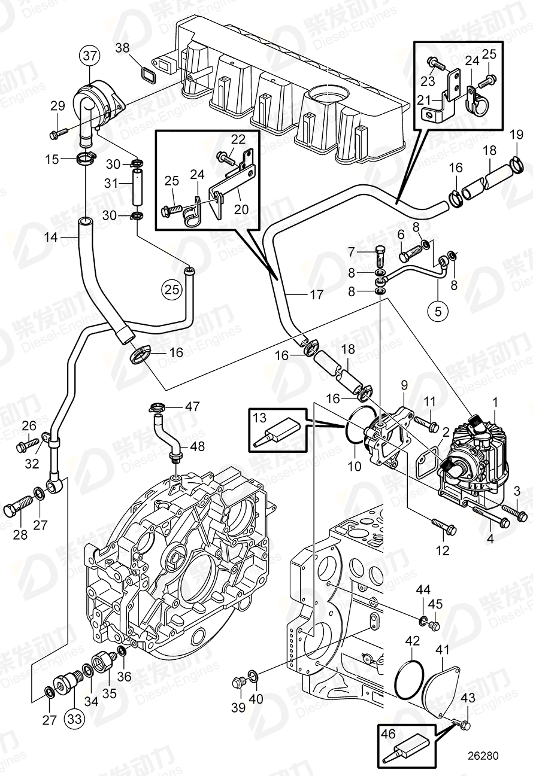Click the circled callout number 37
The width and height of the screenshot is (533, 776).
click(89, 57)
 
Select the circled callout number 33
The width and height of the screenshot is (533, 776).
click(72, 717)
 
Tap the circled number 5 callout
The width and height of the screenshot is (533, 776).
click(437, 311)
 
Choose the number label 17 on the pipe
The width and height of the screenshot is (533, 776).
click(316, 294)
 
